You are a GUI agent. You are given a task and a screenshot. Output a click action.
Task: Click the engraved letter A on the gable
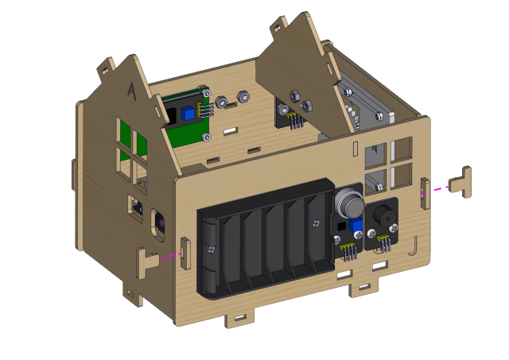point(132,91)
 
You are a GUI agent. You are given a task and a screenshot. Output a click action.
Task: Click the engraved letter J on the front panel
point(414,246)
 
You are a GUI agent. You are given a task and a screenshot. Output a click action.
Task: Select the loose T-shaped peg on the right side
point(460,182)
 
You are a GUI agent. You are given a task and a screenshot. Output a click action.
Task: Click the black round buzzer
point(385,215)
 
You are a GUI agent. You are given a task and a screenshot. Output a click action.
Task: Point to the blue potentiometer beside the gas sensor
point(356,224)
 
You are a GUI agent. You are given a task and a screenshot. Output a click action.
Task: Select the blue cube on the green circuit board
point(188,113)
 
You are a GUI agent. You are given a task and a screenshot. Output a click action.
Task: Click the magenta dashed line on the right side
point(435,190)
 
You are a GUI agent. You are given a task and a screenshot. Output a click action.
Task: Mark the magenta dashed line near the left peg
point(170,256)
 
